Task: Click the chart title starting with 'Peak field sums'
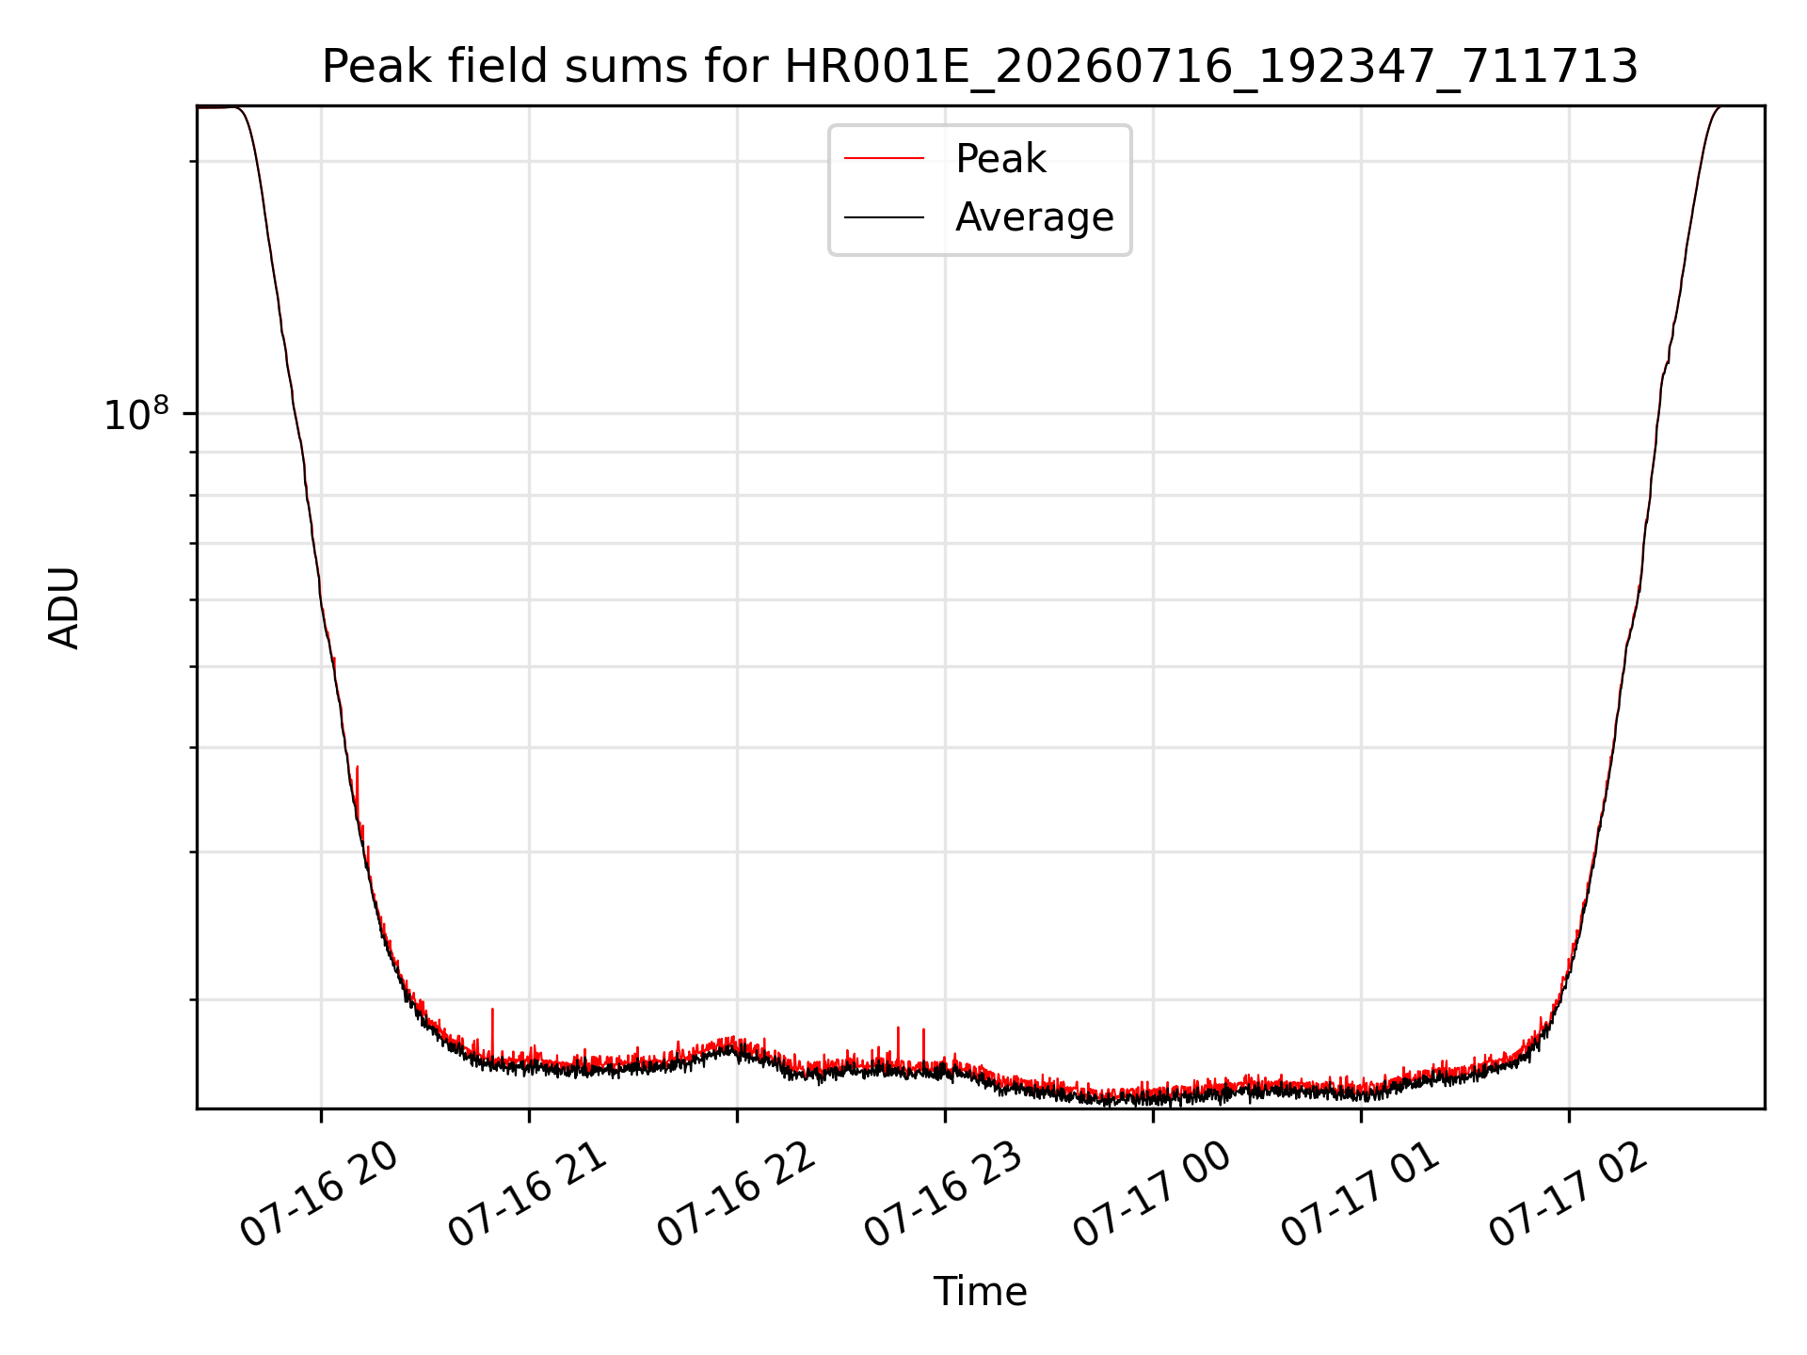(980, 67)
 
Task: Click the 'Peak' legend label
(1000, 159)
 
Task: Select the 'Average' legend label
(1034, 217)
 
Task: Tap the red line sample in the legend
(884, 159)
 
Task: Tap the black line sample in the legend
(884, 217)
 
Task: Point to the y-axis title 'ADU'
(64, 608)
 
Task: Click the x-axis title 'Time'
(980, 1292)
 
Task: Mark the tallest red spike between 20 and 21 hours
(492, 1010)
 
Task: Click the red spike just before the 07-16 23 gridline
(923, 1030)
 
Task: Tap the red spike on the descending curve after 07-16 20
(357, 769)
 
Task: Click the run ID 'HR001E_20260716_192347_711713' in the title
(1212, 67)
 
